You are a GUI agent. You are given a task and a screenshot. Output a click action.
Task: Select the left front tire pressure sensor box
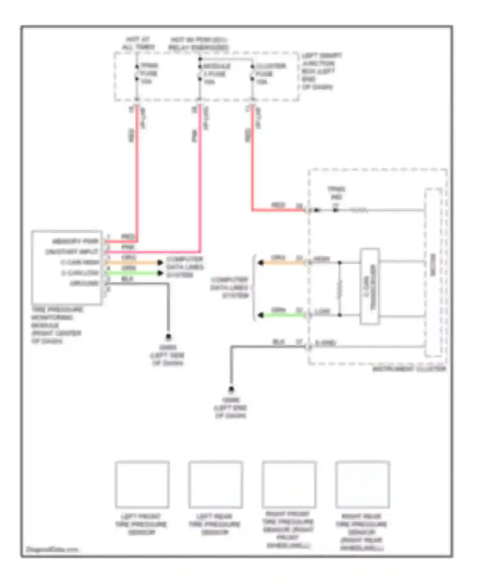click(x=142, y=485)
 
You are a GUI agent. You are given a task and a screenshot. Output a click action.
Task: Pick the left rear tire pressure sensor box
click(x=215, y=485)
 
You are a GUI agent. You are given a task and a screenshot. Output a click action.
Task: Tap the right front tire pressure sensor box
click(x=289, y=485)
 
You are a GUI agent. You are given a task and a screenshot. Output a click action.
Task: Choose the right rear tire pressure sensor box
click(x=362, y=485)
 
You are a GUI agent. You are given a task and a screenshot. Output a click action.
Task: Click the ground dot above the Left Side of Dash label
click(x=168, y=337)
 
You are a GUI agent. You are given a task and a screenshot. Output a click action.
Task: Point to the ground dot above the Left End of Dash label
click(x=231, y=390)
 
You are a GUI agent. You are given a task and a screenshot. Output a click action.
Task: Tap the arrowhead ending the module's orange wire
click(x=160, y=263)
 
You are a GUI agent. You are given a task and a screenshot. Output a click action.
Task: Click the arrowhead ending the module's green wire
click(x=160, y=273)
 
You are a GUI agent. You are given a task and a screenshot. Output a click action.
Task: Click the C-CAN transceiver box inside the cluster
click(x=370, y=286)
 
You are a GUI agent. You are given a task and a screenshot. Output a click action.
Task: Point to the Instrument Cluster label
click(x=409, y=369)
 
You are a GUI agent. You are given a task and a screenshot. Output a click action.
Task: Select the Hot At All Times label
click(x=138, y=43)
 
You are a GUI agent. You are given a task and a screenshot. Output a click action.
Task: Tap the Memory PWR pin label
click(x=75, y=241)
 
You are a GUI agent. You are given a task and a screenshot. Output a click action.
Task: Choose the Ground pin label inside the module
click(x=84, y=283)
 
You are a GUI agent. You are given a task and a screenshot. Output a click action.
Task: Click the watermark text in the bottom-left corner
click(x=52, y=549)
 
